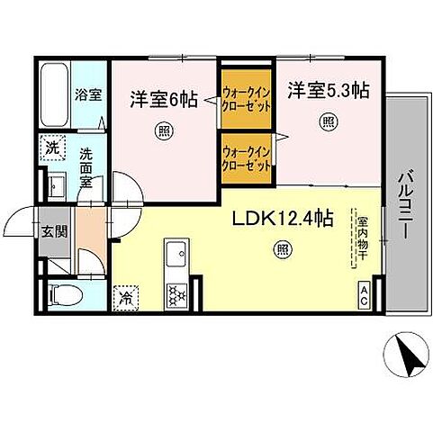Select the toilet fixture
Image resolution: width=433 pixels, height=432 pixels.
point(63,293)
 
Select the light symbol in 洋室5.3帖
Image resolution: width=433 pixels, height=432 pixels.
point(329,121)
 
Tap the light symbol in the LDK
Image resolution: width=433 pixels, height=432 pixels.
point(284,249)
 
